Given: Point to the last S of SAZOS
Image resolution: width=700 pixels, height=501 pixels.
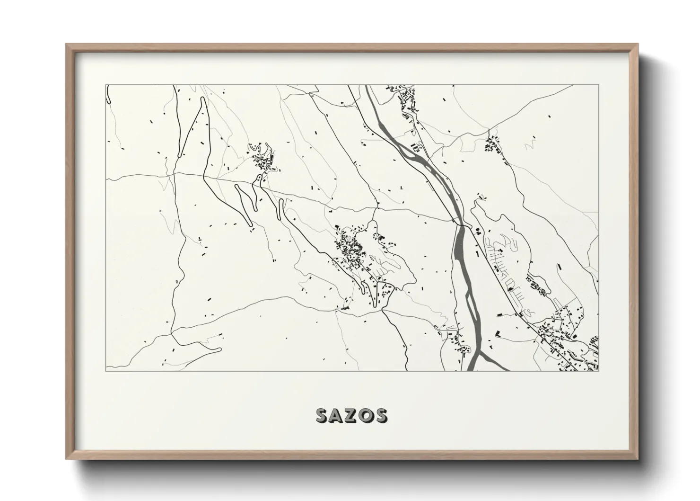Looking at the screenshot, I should [x=381, y=415].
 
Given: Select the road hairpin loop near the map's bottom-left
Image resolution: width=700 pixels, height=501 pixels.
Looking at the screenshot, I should [x=219, y=350].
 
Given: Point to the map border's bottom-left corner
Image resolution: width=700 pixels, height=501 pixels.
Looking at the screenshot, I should [x=106, y=371].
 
